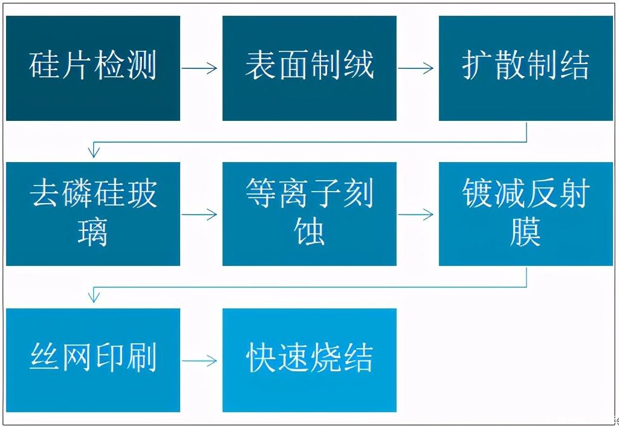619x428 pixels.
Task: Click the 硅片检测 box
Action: click(93, 68)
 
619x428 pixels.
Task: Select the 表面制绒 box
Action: click(309, 68)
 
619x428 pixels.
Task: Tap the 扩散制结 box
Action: click(526, 68)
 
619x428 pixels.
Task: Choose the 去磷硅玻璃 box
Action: click(93, 214)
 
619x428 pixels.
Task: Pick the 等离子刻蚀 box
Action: click(309, 214)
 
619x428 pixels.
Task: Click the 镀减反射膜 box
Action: click(526, 214)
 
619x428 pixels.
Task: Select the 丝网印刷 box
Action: click(93, 360)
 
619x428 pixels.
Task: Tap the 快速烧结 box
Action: click(309, 360)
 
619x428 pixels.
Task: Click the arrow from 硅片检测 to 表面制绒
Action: click(199, 68)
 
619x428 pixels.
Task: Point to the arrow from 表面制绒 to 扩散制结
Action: click(416, 68)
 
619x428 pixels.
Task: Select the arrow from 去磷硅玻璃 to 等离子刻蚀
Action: click(199, 215)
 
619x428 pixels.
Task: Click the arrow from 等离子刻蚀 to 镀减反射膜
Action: click(416, 215)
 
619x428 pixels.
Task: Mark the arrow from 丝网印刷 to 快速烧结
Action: click(199, 360)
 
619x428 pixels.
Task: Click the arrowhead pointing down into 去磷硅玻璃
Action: click(94, 152)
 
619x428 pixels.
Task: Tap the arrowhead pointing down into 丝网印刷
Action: click(94, 297)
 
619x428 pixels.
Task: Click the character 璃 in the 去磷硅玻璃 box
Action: click(92, 233)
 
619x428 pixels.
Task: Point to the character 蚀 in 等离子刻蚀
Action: click(309, 232)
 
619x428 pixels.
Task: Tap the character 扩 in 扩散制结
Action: click(478, 65)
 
